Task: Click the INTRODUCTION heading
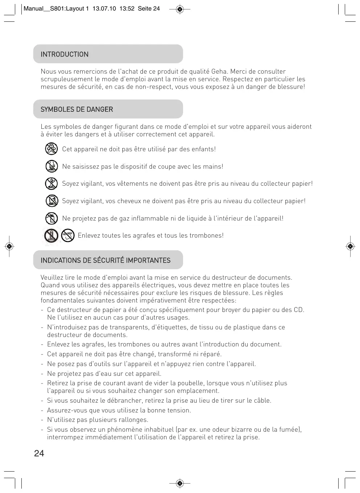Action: pyautogui.click(x=65, y=54)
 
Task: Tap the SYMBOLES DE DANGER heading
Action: pyautogui.click(x=77, y=110)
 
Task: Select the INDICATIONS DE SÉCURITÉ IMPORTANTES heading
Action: pyautogui.click(x=105, y=260)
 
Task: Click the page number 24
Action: pyautogui.click(x=39, y=453)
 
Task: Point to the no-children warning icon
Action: pyautogui.click(x=51, y=149)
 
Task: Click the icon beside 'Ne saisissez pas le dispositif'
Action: pyautogui.click(x=51, y=166)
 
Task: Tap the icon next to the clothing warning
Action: pyautogui.click(x=51, y=184)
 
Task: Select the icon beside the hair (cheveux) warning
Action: pyautogui.click(x=51, y=201)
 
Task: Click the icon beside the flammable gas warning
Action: pyautogui.click(x=51, y=218)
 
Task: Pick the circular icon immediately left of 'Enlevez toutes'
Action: pyautogui.click(x=68, y=235)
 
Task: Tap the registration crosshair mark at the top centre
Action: pyautogui.click(x=180, y=9)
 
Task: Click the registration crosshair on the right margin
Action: pyautogui.click(x=350, y=247)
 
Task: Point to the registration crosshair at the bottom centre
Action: pyautogui.click(x=180, y=483)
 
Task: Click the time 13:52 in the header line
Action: pyautogui.click(x=127, y=9)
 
